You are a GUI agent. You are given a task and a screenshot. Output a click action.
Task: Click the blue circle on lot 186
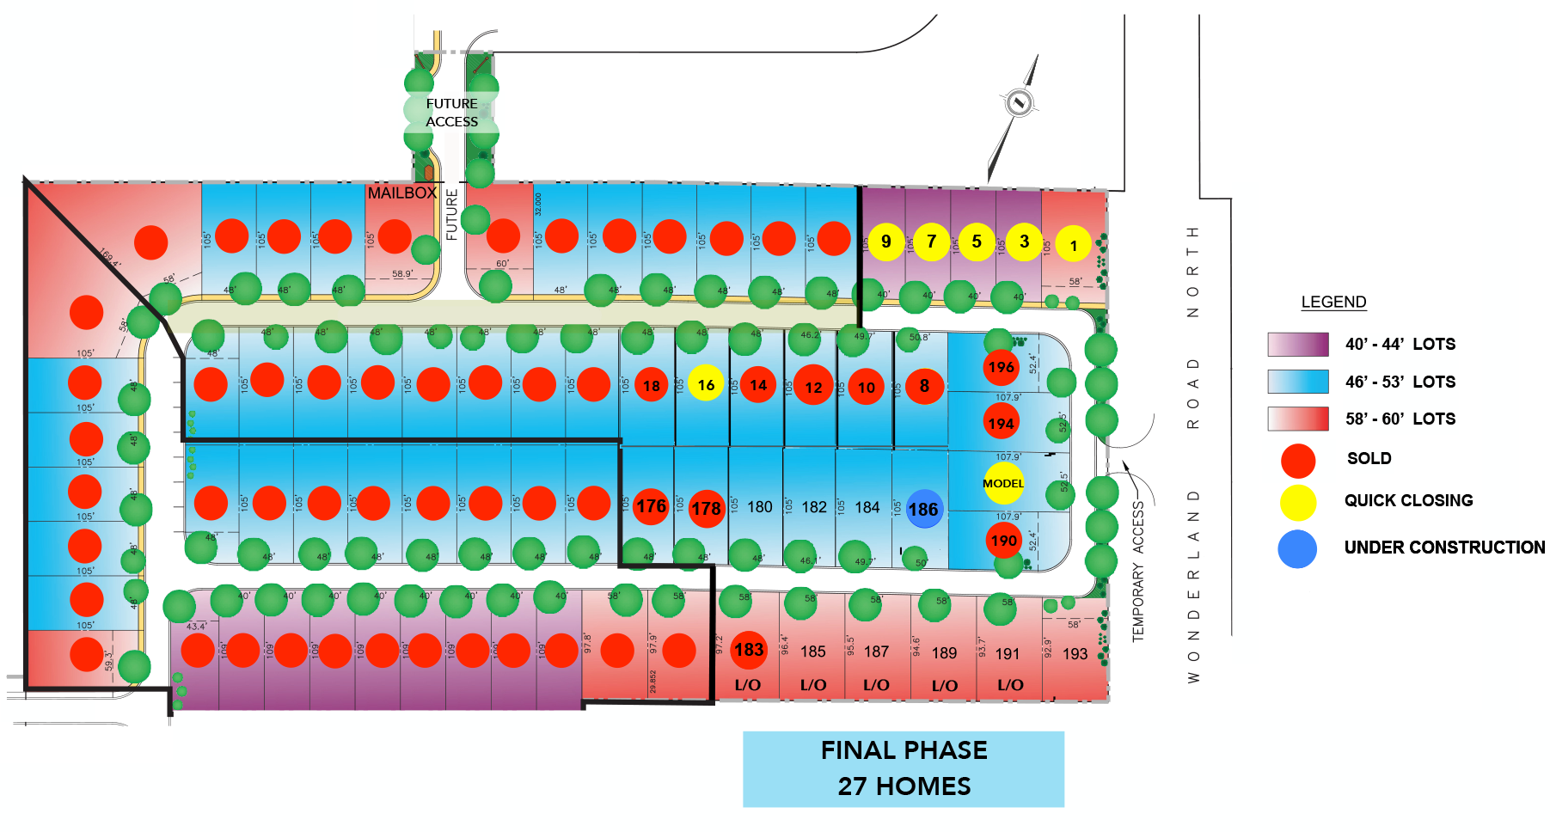[x=922, y=509]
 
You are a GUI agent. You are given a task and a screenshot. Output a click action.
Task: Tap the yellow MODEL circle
[x=1003, y=483]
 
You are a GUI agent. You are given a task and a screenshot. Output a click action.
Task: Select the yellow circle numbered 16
[x=706, y=385]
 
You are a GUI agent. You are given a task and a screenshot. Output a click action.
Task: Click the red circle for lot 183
[x=749, y=650]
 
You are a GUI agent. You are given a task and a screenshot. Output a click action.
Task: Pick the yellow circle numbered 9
[x=886, y=242]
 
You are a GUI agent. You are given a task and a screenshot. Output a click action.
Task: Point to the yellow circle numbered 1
[x=1073, y=245]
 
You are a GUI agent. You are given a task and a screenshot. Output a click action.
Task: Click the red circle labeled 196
[x=1001, y=367]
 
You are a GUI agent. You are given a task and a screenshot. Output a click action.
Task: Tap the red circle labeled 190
[x=1003, y=541]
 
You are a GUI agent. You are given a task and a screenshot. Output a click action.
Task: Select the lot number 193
[x=1075, y=654]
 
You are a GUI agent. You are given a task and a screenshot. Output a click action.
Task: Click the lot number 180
[x=760, y=507]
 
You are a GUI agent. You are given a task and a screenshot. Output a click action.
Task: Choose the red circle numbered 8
[x=924, y=386]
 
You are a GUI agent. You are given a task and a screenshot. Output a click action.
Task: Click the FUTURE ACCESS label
[x=452, y=113]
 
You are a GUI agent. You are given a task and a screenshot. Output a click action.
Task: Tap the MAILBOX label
[x=402, y=193]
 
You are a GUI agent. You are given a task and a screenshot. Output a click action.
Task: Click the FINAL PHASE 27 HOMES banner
[x=904, y=768]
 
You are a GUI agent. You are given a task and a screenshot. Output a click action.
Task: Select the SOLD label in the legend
[x=1369, y=459]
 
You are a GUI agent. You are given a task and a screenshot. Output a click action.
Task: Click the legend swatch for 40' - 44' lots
[x=1298, y=345]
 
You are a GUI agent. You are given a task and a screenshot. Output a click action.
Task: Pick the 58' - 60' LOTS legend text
[x=1400, y=419]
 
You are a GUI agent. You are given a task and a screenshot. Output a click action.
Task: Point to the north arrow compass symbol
[x=1019, y=104]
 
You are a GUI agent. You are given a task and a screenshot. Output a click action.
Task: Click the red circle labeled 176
[x=651, y=506]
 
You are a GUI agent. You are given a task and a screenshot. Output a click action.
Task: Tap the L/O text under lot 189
[x=945, y=686]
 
